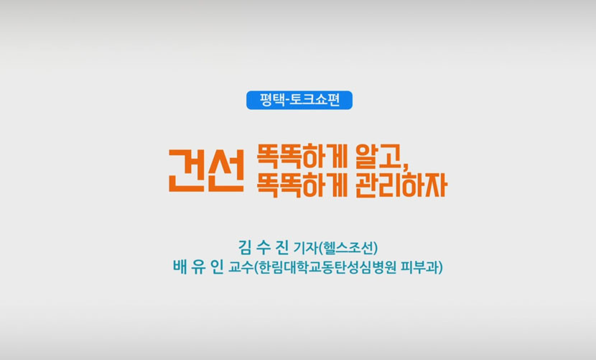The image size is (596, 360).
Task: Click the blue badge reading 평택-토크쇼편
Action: pos(299,100)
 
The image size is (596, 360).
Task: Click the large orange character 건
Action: pos(187,170)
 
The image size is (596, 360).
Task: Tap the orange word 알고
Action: pos(378,157)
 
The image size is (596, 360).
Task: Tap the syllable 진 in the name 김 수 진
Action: pos(282,247)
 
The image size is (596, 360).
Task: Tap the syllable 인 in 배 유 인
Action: pos(217,267)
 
